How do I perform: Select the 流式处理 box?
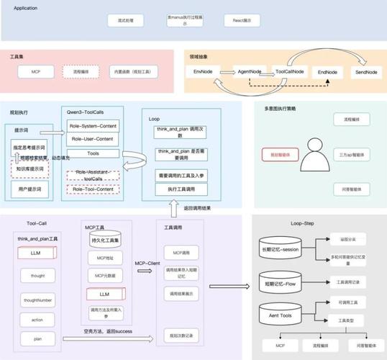pyautogui.click(x=126, y=22)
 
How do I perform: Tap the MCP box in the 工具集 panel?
pyautogui.click(x=35, y=72)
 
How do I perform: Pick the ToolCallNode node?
pyautogui.click(x=290, y=72)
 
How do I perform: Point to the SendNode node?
pyautogui.click(x=367, y=73)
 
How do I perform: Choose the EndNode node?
pyautogui.click(x=327, y=72)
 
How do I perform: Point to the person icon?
pyautogui.click(x=316, y=154)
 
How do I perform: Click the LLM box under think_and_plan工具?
pyautogui.click(x=35, y=253)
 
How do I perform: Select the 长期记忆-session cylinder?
pyautogui.click(x=280, y=248)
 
